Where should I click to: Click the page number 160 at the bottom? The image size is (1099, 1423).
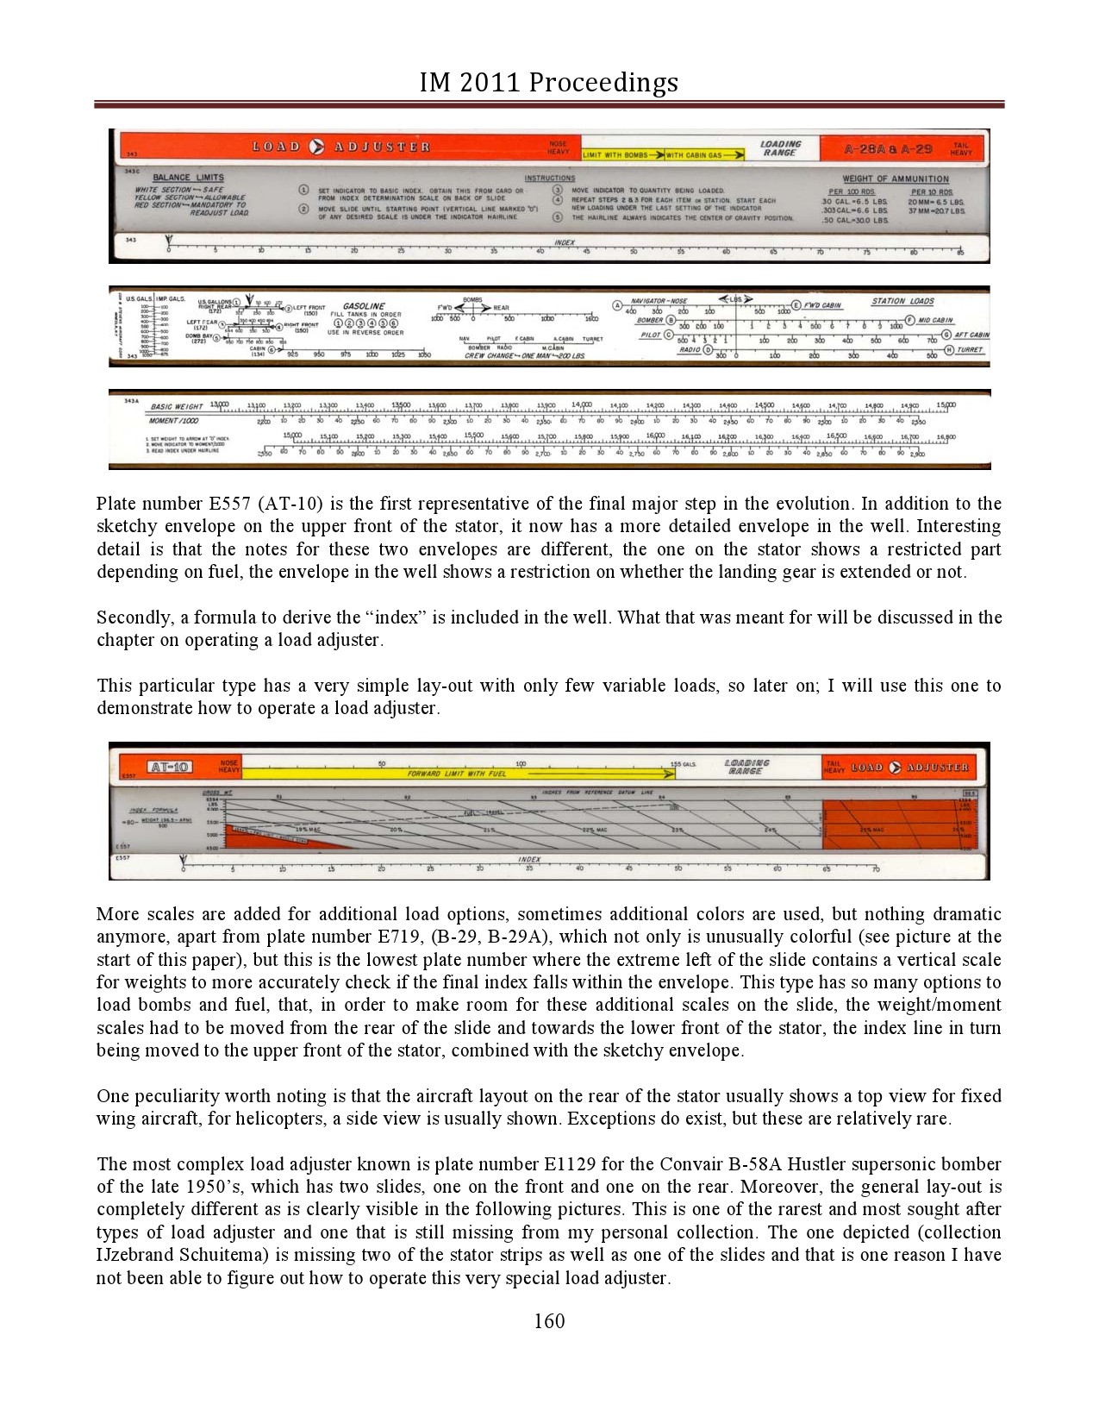[549, 1320]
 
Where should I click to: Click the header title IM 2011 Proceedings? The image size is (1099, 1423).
[549, 82]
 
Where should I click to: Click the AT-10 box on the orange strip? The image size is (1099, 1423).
[170, 767]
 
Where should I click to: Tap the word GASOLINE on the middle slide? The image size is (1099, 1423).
[364, 306]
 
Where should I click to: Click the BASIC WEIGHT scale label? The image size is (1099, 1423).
[177, 406]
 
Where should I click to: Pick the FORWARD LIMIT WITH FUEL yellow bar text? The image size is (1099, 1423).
[457, 774]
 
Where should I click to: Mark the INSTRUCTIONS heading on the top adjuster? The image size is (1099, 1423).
[549, 178]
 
